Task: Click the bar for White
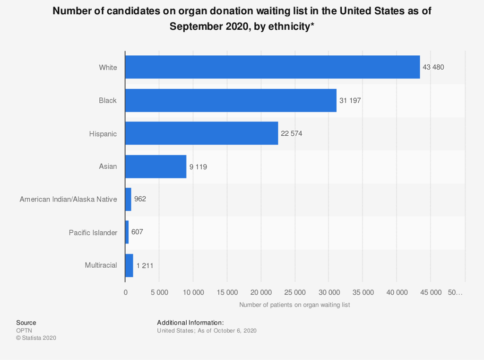(272, 67)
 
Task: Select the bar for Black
(231, 100)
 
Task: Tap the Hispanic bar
(201, 133)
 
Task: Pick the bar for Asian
(156, 167)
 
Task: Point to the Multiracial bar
(129, 265)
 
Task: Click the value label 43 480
(433, 67)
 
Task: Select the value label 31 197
(350, 100)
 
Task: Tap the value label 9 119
(199, 167)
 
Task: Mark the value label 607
(137, 232)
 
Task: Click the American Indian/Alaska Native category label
(68, 199)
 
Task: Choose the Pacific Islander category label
(93, 232)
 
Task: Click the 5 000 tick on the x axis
(159, 292)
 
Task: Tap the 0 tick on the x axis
(125, 292)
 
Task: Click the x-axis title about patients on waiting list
(294, 305)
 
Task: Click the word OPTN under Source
(24, 331)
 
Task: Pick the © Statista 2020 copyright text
(36, 338)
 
